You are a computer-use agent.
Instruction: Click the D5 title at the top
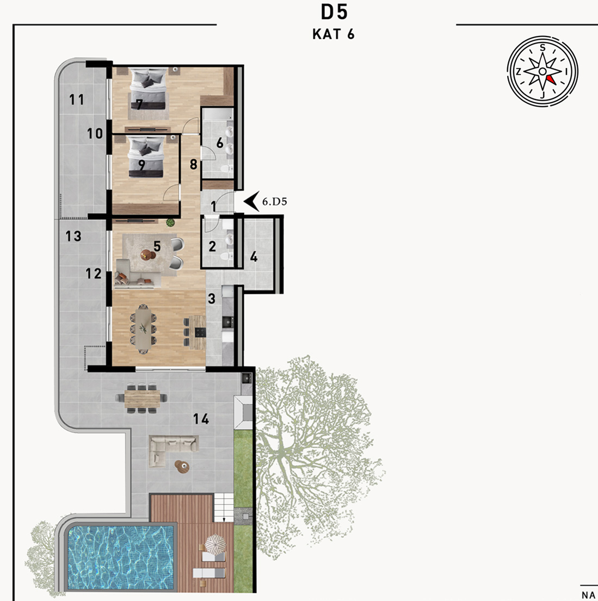point(334,12)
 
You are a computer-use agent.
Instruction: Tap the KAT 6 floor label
point(334,34)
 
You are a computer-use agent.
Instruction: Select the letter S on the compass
point(542,47)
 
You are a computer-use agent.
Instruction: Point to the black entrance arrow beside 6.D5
point(251,201)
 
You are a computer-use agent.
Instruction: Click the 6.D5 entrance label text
point(274,201)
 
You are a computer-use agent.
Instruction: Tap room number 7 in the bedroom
point(139,104)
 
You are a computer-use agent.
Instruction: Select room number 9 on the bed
point(141,165)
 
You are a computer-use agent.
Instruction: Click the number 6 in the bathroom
point(219,143)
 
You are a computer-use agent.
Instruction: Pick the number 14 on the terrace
point(201,419)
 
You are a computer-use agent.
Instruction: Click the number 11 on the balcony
point(76,100)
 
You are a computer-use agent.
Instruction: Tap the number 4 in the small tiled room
point(254,257)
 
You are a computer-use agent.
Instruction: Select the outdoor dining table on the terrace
point(142,398)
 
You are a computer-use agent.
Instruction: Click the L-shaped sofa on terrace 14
point(173,451)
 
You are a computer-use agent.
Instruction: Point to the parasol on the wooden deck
point(215,543)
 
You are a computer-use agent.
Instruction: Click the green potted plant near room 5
point(170,222)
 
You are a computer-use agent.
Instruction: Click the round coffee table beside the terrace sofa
point(182,467)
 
